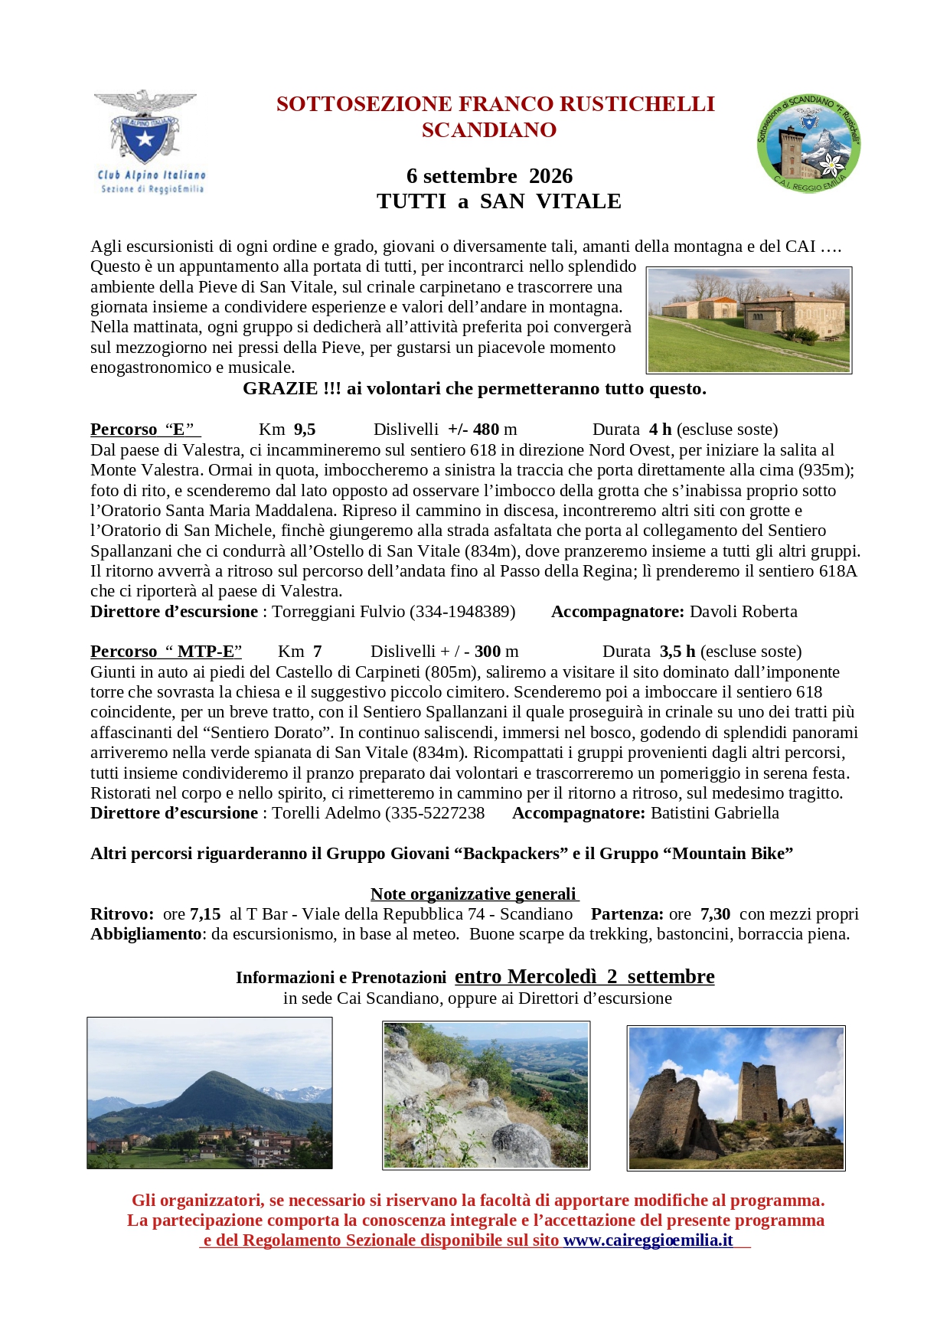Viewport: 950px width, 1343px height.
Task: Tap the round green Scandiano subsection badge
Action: coord(808,144)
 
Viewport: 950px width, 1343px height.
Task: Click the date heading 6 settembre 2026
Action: coord(489,176)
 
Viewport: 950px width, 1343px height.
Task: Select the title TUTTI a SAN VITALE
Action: coord(498,201)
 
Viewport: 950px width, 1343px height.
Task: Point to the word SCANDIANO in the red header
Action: coord(489,130)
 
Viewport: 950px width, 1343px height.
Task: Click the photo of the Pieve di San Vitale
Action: coord(749,320)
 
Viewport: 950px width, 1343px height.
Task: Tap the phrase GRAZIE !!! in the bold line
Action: coord(292,389)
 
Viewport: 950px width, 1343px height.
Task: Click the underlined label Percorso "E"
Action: coord(145,430)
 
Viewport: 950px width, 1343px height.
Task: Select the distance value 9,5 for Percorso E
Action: coord(305,430)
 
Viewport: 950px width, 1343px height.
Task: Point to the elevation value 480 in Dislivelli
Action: coord(486,430)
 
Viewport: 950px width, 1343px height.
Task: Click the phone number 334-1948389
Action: coord(462,612)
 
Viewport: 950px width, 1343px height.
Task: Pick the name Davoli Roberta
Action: coord(743,612)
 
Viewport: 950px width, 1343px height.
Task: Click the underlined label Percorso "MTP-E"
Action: coord(166,652)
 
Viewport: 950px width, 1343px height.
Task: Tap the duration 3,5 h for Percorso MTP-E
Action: coord(677,652)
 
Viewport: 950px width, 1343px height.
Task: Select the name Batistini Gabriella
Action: coord(714,813)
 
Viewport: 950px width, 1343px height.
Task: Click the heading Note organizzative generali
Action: coord(474,894)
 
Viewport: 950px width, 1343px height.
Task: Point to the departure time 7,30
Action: coord(715,914)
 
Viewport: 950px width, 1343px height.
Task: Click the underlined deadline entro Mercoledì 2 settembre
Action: coord(584,977)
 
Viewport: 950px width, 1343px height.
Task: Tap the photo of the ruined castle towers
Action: coord(736,1098)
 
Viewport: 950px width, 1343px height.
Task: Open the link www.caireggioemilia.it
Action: coord(648,1240)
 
